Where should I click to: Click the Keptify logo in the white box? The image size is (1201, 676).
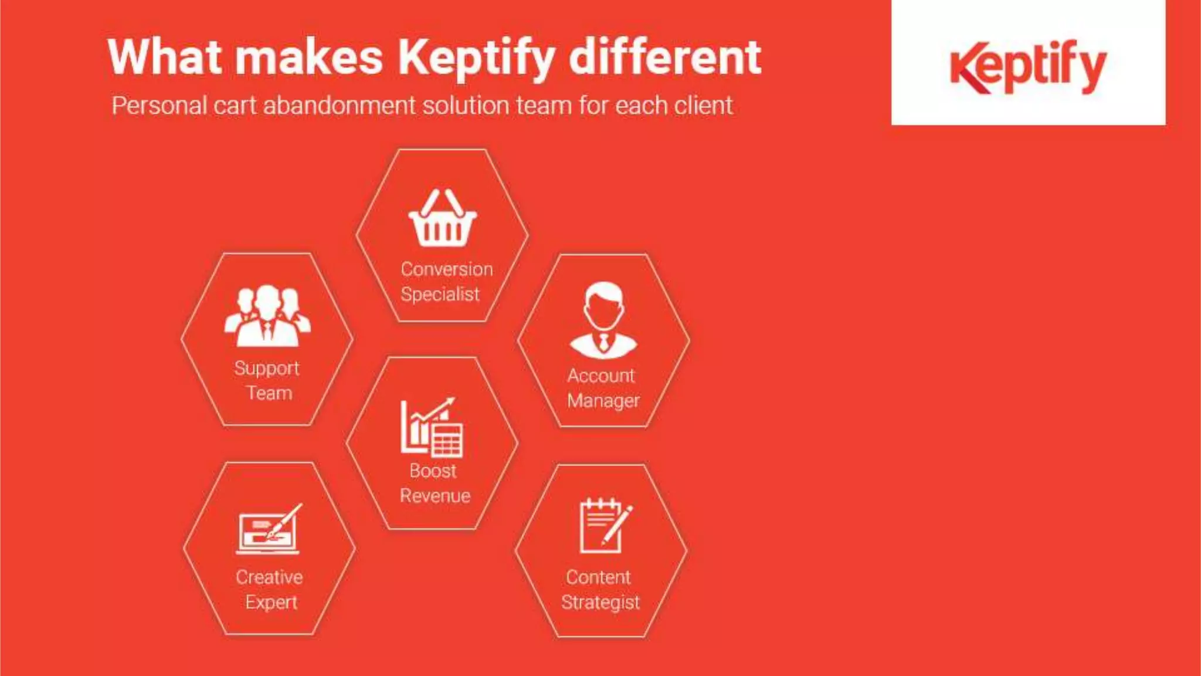click(x=1028, y=66)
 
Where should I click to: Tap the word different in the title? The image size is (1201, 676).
click(x=665, y=57)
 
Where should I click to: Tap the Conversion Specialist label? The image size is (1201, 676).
click(x=446, y=282)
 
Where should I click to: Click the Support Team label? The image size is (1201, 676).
click(x=267, y=380)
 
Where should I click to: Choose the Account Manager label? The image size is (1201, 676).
click(x=602, y=388)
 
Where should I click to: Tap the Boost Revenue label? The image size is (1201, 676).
click(x=435, y=483)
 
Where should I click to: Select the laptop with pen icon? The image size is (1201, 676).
click(x=269, y=529)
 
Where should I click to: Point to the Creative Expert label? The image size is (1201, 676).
click(x=270, y=590)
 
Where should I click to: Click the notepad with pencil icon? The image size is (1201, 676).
click(x=605, y=526)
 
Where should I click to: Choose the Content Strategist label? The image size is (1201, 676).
click(x=600, y=590)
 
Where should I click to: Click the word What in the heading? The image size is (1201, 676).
click(x=165, y=57)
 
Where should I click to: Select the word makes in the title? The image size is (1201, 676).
click(x=309, y=57)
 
